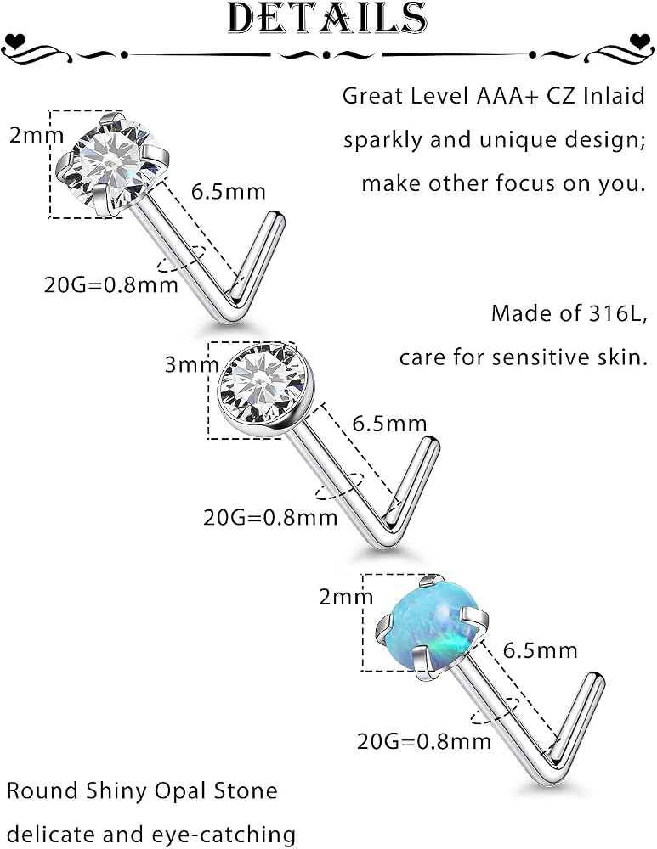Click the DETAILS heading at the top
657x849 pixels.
click(327, 19)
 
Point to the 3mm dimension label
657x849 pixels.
click(191, 364)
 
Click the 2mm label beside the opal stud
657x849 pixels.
click(346, 597)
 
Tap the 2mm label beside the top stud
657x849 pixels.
click(37, 135)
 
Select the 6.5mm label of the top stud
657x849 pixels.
click(229, 192)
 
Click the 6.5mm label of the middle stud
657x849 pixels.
click(390, 424)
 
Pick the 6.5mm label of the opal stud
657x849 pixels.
click(541, 649)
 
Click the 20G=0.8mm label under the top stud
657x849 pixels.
click(111, 284)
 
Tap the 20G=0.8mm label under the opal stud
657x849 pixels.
click(424, 740)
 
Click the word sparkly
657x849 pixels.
click(382, 141)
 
